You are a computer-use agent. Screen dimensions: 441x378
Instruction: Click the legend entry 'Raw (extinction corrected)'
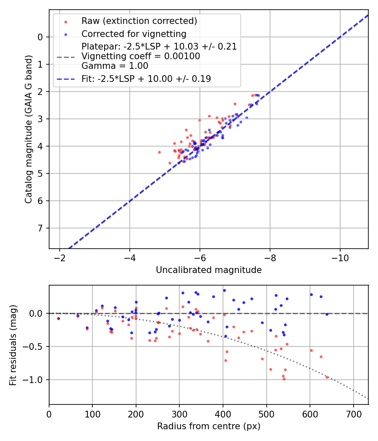point(139,21)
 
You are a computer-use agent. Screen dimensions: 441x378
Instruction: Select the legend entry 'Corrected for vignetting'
point(134,34)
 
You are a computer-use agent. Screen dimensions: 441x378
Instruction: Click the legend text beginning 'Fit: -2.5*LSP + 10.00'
point(146,79)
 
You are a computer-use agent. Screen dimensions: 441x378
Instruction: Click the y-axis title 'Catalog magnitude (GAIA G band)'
point(28,129)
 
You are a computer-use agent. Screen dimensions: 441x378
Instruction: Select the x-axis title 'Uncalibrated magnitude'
point(209,270)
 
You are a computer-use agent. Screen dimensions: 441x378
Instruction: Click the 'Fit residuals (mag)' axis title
point(13,345)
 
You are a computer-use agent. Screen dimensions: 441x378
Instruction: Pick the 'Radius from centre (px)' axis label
point(209,426)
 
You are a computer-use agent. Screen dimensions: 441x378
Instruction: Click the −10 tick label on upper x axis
point(340,258)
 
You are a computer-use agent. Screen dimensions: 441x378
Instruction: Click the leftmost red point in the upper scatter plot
point(159,152)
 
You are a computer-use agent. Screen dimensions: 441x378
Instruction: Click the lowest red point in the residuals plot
point(284,379)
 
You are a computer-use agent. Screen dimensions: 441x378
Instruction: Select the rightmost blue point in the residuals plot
point(327,314)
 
